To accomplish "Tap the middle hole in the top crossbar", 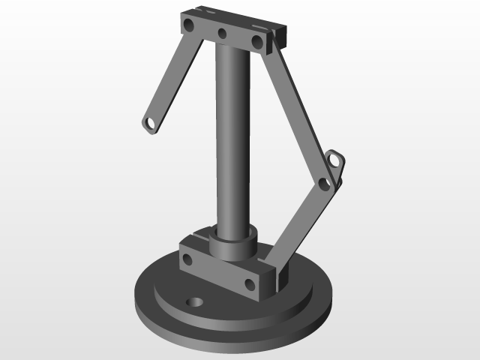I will click(x=222, y=33).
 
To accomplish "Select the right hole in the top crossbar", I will click(x=257, y=41).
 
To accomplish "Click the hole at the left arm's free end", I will click(x=151, y=122).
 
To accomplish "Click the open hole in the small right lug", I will click(x=334, y=158).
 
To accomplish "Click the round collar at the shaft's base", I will click(x=232, y=243).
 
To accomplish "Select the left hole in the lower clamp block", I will click(x=187, y=260).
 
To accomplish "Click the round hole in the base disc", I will click(x=195, y=302).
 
